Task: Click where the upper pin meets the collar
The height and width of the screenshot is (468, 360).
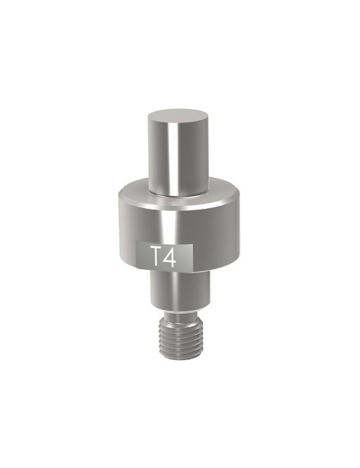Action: (x=179, y=194)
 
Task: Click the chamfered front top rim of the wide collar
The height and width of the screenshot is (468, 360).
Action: (x=179, y=205)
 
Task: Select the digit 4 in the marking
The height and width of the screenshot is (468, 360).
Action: (x=169, y=256)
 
